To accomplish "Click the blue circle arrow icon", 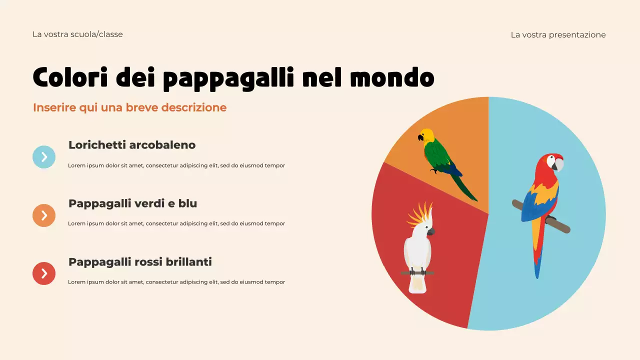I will (x=44, y=157).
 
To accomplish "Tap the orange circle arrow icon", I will (x=44, y=215).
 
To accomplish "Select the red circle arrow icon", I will (x=44, y=273).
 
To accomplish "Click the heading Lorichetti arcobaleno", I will (x=132, y=145).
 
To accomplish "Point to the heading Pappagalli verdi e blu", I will (x=132, y=203).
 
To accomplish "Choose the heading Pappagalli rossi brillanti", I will (x=140, y=262).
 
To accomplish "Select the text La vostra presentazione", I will (x=558, y=35).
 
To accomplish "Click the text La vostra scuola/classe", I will (x=77, y=34).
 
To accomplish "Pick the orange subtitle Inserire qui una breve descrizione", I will (x=129, y=107).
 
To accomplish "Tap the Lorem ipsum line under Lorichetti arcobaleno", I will (x=176, y=165).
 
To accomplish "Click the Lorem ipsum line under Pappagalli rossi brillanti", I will (x=176, y=282).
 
